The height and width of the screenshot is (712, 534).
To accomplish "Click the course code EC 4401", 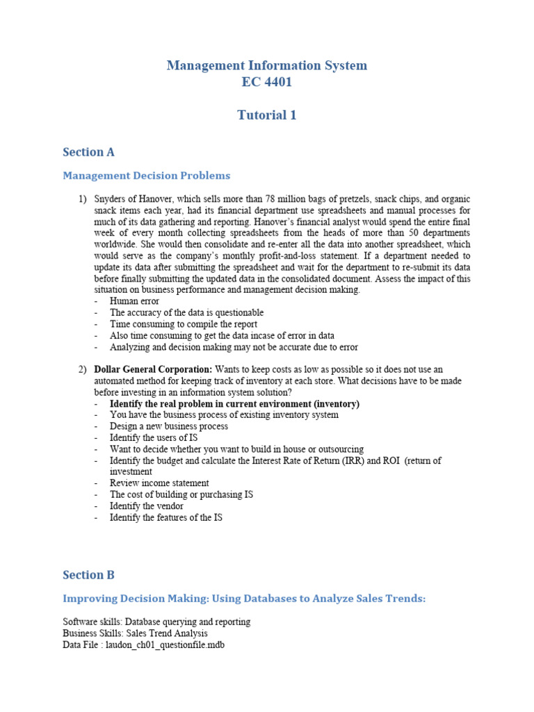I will pyautogui.click(x=267, y=83).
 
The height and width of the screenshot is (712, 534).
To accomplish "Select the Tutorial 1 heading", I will pyautogui.click(x=267, y=115).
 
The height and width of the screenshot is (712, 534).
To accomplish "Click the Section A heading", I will pyautogui.click(x=88, y=152).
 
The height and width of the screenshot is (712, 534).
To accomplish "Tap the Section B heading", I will pyautogui.click(x=88, y=575).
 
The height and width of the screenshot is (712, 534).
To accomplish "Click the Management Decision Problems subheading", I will pyautogui.click(x=146, y=176).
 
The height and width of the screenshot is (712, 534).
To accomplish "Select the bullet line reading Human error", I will pyautogui.click(x=134, y=302).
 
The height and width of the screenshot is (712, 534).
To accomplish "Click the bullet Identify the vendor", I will pyautogui.click(x=146, y=506).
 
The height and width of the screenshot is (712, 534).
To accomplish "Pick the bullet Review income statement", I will pyautogui.click(x=159, y=483).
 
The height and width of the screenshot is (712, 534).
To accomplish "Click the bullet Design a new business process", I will pyautogui.click(x=169, y=426).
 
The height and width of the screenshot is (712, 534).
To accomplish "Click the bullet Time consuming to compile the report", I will pyautogui.click(x=184, y=324).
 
